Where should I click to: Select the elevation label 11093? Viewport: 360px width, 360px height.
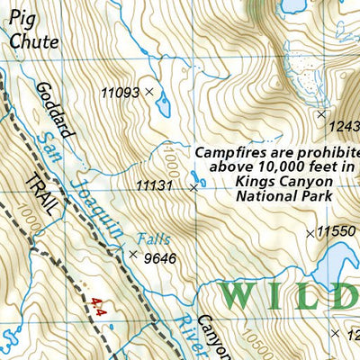click(120, 92)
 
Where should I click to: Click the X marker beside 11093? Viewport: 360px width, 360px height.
click(149, 92)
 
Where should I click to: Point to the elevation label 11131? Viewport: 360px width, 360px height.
click(154, 185)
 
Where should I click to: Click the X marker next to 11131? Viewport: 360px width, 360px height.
click(193, 188)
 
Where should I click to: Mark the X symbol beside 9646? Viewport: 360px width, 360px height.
click(133, 255)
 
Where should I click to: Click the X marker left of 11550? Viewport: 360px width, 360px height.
click(310, 233)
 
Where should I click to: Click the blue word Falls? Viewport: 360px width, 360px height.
click(153, 239)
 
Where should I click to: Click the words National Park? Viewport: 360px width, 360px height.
click(283, 195)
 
